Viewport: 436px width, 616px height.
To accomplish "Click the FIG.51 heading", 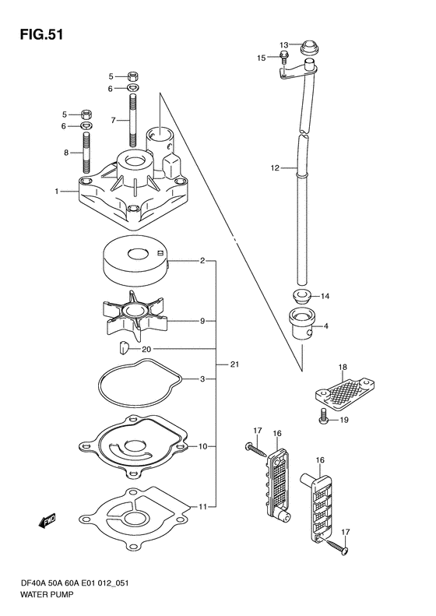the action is [41, 34].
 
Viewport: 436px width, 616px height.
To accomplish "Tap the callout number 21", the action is [234, 364].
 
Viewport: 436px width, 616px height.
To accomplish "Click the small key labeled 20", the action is [124, 347].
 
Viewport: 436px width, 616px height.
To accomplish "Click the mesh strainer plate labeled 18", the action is [344, 391].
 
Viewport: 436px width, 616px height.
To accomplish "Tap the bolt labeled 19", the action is [323, 417].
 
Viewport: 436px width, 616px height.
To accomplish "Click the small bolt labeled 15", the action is [284, 58].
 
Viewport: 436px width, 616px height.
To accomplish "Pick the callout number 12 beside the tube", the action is [275, 168].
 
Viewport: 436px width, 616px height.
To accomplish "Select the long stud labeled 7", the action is [133, 121].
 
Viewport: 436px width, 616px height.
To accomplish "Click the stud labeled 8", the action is [86, 153].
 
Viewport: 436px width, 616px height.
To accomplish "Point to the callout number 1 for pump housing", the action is [57, 192].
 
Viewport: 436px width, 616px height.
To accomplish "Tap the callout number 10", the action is [202, 446].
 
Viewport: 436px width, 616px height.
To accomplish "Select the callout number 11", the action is [202, 507].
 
